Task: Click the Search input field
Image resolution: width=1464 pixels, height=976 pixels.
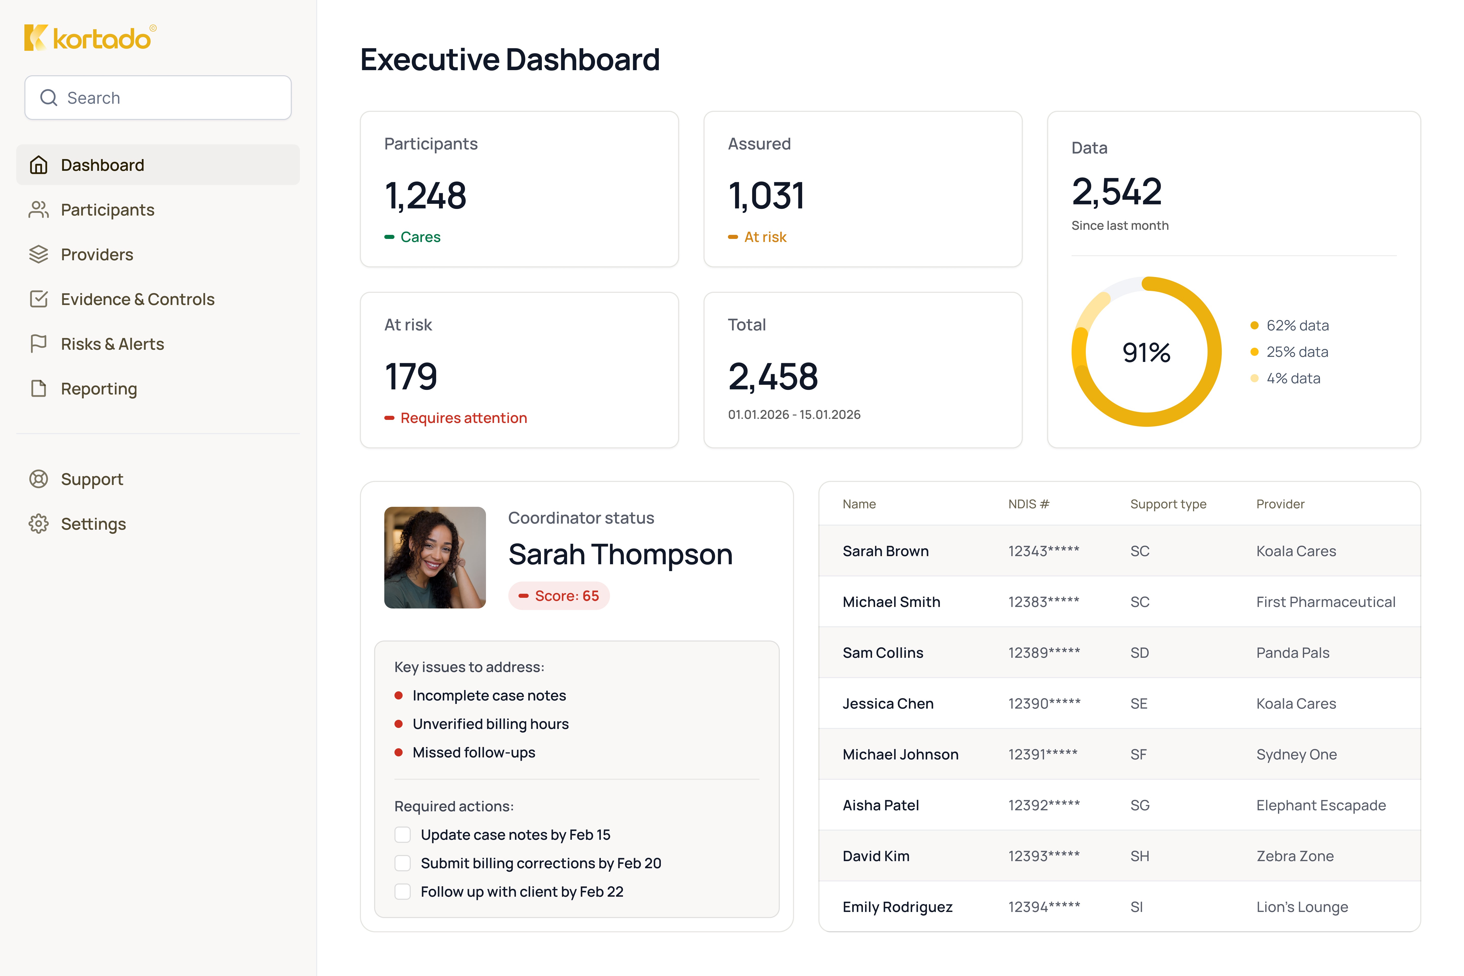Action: coord(158,98)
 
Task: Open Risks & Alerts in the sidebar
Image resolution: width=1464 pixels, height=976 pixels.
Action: coord(112,344)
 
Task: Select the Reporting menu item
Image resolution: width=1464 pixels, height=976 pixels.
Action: coord(98,389)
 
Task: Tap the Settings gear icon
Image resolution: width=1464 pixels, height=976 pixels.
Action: coord(39,524)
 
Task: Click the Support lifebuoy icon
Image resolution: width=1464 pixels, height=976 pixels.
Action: coord(39,479)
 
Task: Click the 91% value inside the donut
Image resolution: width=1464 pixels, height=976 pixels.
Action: coord(1146,352)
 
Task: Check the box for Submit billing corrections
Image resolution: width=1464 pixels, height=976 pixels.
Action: coord(403,863)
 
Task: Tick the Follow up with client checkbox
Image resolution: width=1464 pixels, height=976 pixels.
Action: coord(403,892)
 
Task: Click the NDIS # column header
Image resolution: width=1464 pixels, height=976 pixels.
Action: coord(1028,504)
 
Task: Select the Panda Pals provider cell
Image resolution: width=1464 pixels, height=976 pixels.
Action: coord(1292,653)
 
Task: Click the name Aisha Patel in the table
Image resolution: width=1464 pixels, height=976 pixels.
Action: coord(880,805)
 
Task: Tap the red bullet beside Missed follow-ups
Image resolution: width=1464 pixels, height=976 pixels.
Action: coord(398,753)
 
